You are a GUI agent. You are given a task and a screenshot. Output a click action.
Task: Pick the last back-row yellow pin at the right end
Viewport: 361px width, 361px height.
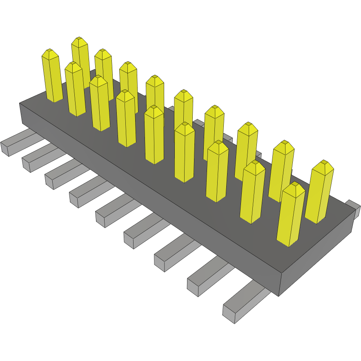coord(319,192)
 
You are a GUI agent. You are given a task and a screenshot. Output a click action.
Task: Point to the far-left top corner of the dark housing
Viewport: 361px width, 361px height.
coord(20,103)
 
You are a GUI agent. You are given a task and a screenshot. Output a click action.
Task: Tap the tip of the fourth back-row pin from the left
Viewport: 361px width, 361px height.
coord(128,65)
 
